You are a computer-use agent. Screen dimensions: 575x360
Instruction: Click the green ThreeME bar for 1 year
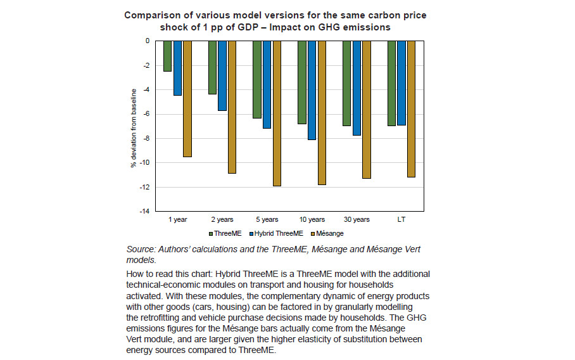click(168, 56)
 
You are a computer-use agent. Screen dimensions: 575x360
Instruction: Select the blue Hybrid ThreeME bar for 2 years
click(222, 75)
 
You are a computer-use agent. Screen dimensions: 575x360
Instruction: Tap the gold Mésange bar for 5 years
click(277, 113)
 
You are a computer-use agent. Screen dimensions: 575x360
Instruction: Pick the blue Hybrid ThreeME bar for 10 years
click(312, 90)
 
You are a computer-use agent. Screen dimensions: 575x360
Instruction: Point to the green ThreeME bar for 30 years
click(346, 83)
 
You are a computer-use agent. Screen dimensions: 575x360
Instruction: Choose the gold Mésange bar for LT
click(411, 109)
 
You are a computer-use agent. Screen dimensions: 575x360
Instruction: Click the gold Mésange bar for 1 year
click(187, 99)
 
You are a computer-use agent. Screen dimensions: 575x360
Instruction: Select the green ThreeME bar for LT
click(391, 83)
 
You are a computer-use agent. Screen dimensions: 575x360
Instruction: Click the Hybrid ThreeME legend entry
click(276, 233)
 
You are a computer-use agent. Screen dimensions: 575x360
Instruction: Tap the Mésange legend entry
click(327, 233)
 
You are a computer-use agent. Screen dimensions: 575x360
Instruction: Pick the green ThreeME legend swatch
click(211, 234)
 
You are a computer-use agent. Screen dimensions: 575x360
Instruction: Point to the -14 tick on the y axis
click(144, 211)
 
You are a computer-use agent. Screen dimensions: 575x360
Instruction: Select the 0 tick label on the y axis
click(148, 41)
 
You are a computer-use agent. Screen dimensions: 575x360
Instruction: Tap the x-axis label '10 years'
click(312, 219)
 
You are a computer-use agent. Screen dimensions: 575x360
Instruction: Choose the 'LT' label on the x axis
click(401, 219)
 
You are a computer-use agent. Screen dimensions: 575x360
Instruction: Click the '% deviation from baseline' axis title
click(134, 128)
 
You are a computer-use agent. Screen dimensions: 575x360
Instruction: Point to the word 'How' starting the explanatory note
click(134, 274)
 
